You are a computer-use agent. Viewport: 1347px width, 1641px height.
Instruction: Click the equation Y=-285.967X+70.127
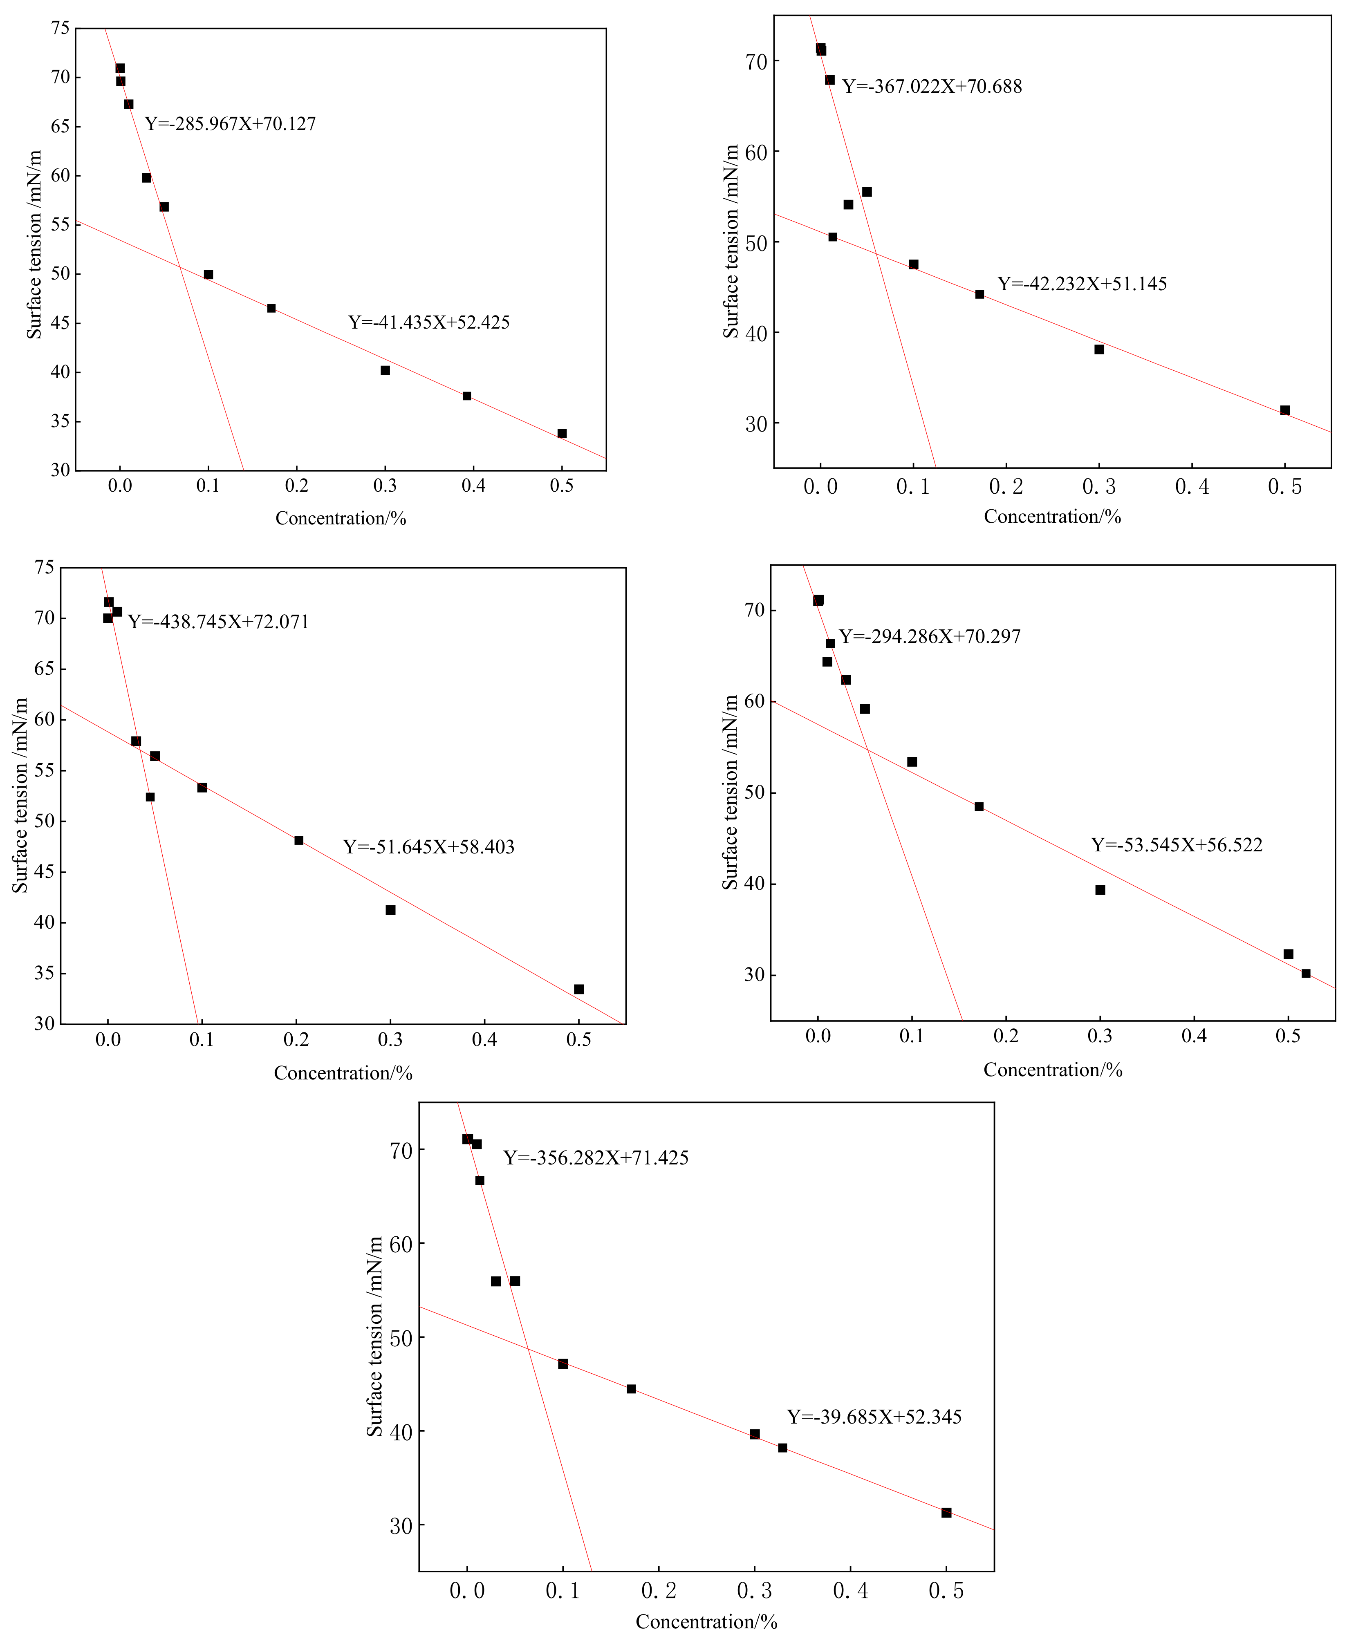tap(231, 124)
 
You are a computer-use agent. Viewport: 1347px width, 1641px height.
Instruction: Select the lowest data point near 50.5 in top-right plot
tap(833, 237)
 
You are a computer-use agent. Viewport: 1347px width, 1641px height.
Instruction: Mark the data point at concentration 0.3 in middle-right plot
tap(1100, 890)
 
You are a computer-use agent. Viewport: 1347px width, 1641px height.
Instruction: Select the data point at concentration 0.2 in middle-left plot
tap(299, 840)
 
